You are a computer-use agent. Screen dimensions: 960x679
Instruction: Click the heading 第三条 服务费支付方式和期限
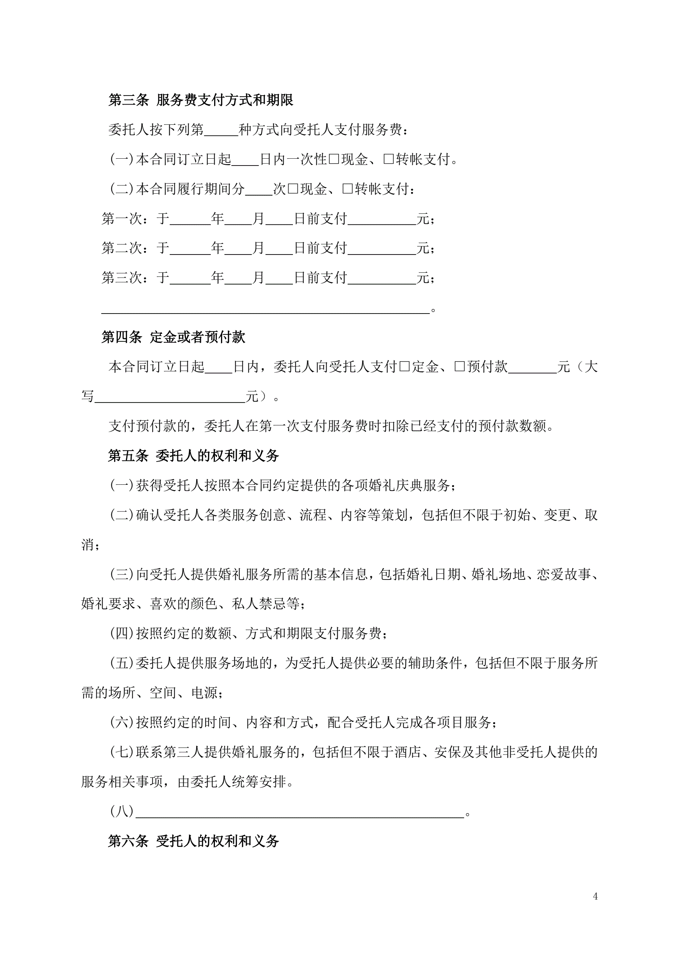click(x=201, y=100)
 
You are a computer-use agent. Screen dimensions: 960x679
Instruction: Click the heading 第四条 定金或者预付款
click(x=173, y=337)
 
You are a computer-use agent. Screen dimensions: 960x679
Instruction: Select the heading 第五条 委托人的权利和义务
click(x=193, y=455)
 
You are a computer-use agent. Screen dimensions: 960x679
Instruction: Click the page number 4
click(x=595, y=896)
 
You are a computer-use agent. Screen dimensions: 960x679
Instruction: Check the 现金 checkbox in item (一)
click(x=334, y=159)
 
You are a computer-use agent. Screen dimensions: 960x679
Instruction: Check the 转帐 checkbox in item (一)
click(x=388, y=159)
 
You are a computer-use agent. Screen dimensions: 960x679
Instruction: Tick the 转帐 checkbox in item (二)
click(x=347, y=189)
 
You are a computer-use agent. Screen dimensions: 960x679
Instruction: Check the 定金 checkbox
click(x=405, y=367)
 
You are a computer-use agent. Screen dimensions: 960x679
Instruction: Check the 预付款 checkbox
click(x=460, y=367)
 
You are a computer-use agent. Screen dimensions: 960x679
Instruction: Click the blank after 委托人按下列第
click(x=221, y=131)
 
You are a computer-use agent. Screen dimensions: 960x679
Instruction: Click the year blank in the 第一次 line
click(x=190, y=219)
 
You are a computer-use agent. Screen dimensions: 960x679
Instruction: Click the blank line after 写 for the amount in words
click(x=170, y=397)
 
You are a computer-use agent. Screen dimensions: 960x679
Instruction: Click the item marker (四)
click(x=122, y=634)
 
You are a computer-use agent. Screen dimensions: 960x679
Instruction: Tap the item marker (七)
click(x=122, y=752)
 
